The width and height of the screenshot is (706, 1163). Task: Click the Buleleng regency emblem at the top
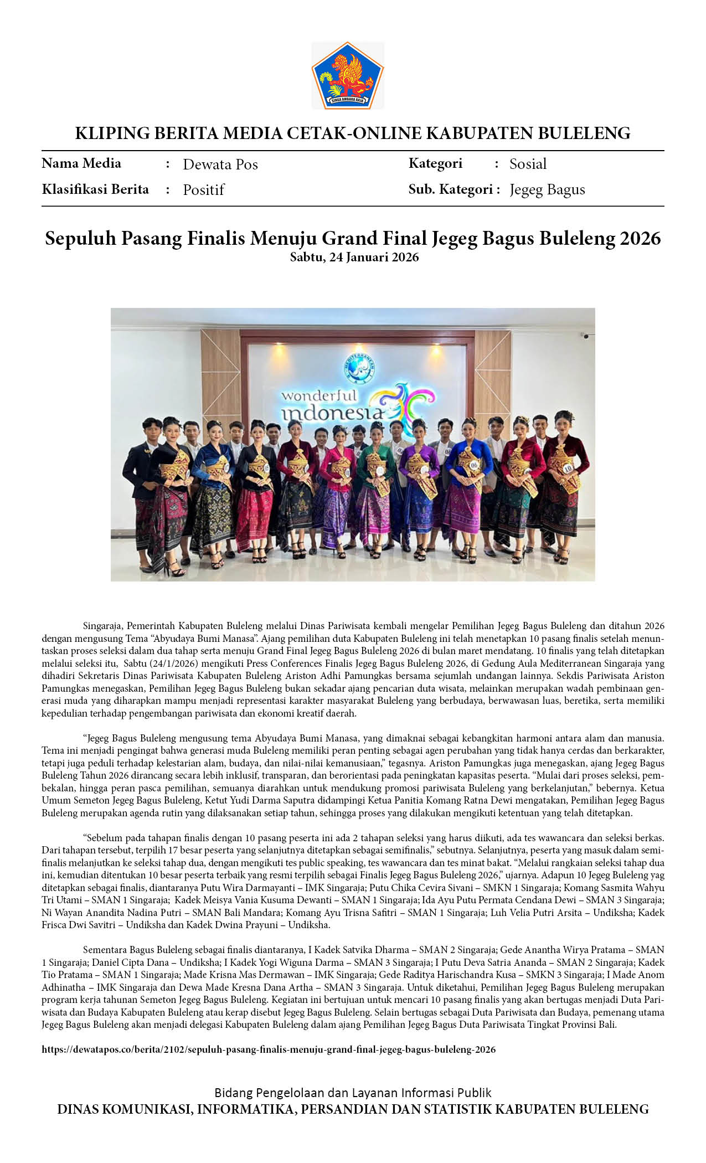348,75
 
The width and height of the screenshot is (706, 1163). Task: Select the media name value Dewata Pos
220,164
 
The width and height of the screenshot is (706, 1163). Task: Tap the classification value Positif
203,190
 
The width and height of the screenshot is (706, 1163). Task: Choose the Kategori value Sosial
528,164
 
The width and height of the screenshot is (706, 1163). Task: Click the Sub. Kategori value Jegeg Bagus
547,189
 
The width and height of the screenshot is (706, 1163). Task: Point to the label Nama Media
81,163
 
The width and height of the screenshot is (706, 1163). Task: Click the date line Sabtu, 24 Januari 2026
354,257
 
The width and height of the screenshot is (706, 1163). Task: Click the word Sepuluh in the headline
80,239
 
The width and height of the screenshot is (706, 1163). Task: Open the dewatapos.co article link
269,1049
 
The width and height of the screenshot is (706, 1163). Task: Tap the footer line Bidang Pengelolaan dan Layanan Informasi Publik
353,1093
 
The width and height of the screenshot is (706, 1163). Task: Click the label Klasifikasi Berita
95,189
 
